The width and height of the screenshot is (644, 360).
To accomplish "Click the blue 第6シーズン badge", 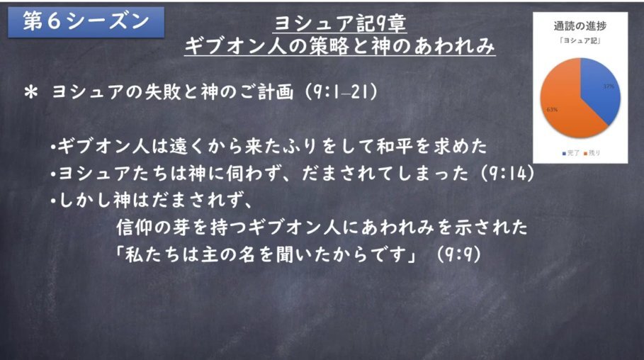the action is coord(86,22).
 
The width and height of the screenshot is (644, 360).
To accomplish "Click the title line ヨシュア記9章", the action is coord(340,23).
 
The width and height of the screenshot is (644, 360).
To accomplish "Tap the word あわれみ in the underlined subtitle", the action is coord(453,45).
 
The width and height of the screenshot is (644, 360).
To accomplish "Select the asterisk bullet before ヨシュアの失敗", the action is coord(30,92).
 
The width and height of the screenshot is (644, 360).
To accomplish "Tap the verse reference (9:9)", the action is coord(458,254).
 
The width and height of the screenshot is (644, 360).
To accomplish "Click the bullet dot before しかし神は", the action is coord(53,201).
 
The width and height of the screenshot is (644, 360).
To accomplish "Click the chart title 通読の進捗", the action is coord(580,26).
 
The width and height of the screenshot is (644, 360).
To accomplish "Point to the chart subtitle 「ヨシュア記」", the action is coord(580,40).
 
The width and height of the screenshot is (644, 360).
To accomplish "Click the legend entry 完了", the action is coord(571,153).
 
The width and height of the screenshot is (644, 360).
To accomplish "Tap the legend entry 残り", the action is coord(592,153).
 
